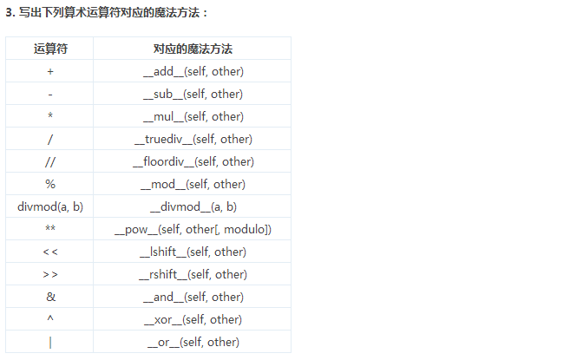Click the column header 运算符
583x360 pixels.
coord(50,49)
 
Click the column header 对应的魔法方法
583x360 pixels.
coord(193,49)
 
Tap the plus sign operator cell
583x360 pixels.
coord(50,71)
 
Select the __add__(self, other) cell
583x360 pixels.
coord(193,71)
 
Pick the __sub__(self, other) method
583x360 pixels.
coord(193,94)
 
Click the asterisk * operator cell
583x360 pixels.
coord(50,115)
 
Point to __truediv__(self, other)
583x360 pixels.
coord(193,139)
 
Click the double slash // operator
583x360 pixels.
coord(50,161)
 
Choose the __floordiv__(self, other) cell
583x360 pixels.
coord(193,161)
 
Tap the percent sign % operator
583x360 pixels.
coord(50,184)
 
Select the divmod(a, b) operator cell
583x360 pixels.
coord(50,206)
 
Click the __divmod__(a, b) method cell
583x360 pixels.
coord(193,206)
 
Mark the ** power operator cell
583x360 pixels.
coord(50,227)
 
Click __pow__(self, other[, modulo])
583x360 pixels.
coord(193,230)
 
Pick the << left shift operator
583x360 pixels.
coord(50,252)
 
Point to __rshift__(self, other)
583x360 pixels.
coord(193,274)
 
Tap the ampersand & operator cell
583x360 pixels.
coord(50,297)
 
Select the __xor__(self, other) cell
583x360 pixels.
coord(193,319)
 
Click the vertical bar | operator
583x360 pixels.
coord(50,342)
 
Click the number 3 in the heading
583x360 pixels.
coord(9,13)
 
